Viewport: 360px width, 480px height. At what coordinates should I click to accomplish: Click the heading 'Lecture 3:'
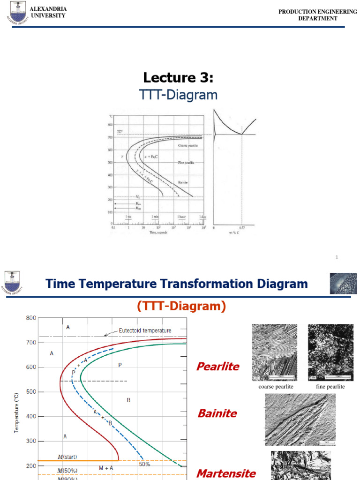point(180,77)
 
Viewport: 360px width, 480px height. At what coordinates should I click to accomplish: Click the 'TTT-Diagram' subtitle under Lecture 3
point(179,95)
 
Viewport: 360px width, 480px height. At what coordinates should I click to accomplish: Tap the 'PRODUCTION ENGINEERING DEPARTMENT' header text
point(318,15)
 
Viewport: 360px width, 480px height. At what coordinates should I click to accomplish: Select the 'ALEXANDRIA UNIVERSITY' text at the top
point(48,12)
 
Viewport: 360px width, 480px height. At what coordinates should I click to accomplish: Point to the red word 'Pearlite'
point(217,367)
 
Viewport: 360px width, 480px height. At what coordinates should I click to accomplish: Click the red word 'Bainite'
point(217,413)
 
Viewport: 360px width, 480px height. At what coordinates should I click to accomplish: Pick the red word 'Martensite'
point(226,473)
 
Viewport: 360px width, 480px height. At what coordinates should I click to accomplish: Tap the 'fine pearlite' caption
point(331,387)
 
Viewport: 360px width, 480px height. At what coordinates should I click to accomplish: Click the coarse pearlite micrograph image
point(274,352)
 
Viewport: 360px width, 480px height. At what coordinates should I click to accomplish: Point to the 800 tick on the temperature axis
point(30,318)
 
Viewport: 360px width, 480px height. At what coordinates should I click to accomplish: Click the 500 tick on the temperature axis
point(30,392)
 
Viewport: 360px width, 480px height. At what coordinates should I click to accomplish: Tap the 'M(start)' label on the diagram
point(67,457)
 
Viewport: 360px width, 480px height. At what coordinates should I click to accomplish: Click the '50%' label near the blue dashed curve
point(144,464)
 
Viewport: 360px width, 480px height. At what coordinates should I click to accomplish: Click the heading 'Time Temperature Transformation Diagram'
point(176,284)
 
